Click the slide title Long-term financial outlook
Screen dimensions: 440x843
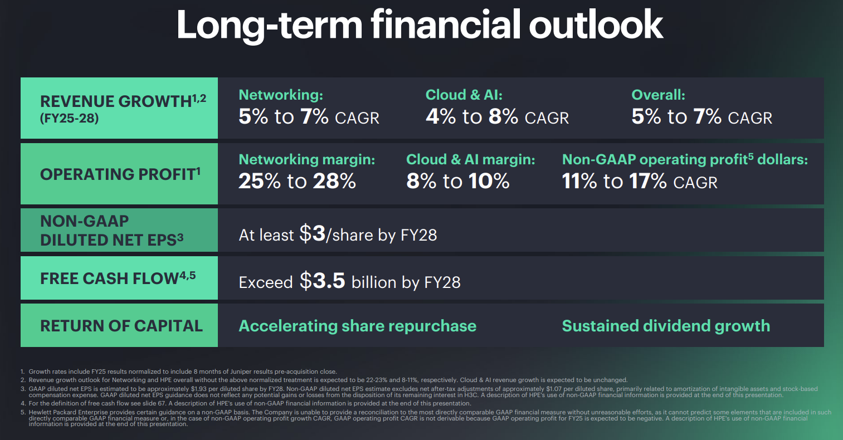(420, 25)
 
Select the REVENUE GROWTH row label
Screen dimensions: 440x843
(115, 101)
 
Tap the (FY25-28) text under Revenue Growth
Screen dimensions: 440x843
(69, 118)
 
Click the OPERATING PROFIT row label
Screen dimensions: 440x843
(120, 174)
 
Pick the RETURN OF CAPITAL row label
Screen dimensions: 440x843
(121, 326)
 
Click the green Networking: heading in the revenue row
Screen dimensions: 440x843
(280, 95)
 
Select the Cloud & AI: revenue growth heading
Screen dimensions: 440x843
(464, 95)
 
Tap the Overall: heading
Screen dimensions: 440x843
(658, 95)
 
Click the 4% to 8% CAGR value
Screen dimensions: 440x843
(497, 117)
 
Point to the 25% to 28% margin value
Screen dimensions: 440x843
(297, 182)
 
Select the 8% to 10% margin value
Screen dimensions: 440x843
(457, 182)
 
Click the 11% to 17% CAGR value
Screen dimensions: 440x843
(639, 182)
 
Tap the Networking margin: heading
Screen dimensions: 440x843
(306, 160)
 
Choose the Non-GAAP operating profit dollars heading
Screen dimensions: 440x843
(684, 160)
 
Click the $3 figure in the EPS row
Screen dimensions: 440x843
(312, 234)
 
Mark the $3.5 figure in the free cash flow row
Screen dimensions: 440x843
(323, 281)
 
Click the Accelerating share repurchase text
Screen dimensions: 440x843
(357, 326)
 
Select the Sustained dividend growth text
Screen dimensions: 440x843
(666, 326)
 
